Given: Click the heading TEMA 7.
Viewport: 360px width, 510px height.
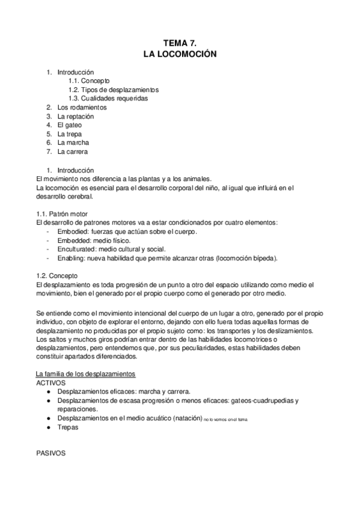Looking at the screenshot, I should coord(180,43).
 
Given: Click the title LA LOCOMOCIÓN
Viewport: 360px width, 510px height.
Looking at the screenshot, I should coord(180,54).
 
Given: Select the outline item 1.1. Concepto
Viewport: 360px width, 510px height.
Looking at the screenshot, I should coord(89,81).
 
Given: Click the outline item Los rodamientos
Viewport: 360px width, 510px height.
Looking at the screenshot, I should coord(82,107).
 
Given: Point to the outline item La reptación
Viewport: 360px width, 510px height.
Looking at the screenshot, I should coord(76,116).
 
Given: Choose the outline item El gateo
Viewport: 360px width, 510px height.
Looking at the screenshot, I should coord(70,125).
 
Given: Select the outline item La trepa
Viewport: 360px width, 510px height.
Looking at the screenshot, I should coord(70,134).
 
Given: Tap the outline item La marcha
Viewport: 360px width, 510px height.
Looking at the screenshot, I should coord(73,143).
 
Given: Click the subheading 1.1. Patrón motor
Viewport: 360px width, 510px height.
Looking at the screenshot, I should coord(61,214).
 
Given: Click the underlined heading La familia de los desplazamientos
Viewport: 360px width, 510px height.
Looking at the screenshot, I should coord(86,374).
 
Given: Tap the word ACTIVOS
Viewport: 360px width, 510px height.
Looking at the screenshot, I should coord(51,382).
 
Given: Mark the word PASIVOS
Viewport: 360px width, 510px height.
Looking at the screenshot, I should coord(50,453).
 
